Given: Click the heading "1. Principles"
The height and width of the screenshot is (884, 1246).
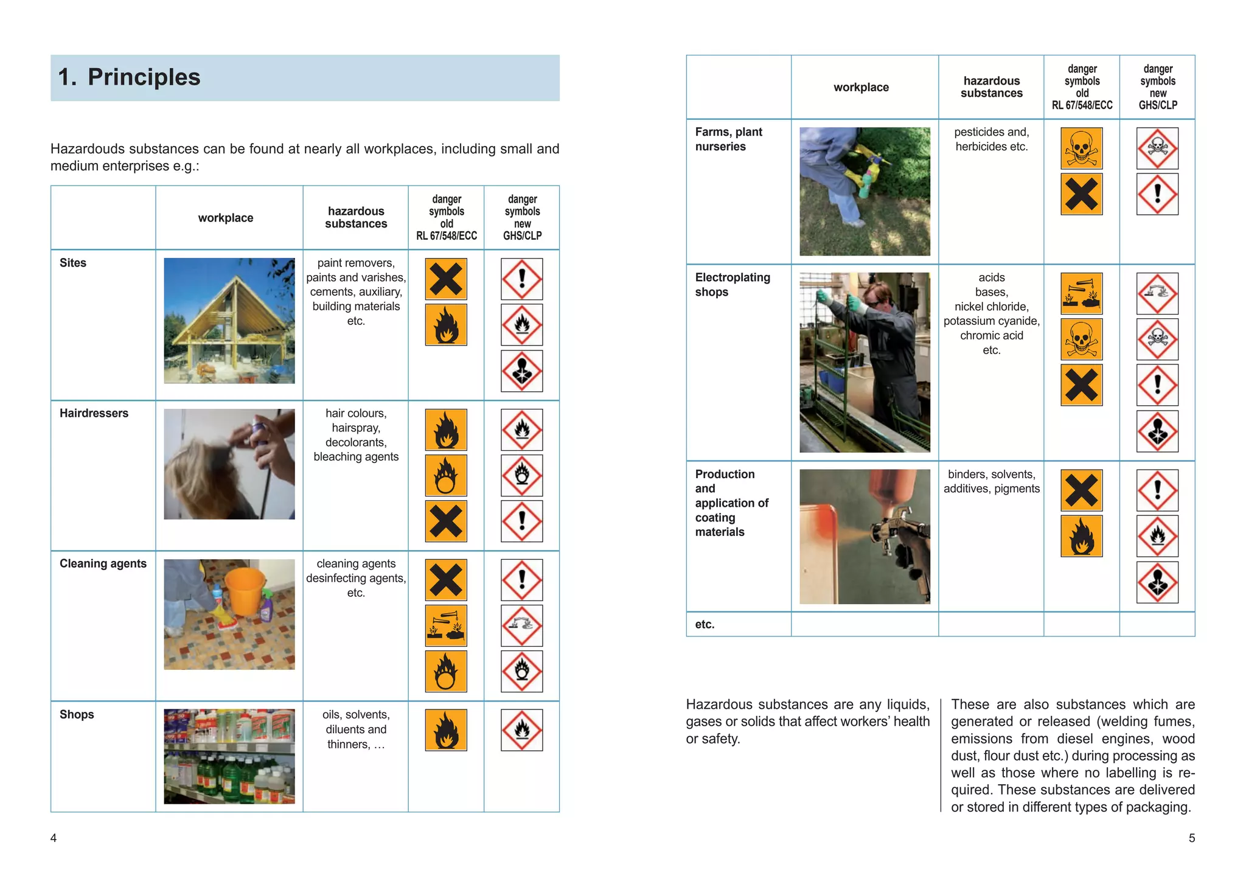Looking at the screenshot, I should click(129, 78).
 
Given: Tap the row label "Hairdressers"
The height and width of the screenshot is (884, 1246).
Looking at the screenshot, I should click(94, 414).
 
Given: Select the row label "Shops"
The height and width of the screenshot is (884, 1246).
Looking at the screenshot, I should click(77, 714).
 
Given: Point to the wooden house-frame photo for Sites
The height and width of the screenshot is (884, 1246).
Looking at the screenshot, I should click(229, 321).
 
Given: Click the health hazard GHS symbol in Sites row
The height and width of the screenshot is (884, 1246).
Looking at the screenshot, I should click(521, 371).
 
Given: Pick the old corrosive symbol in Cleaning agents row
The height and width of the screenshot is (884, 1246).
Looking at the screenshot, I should click(446, 625).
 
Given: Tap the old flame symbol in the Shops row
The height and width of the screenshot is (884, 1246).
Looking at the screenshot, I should click(446, 730).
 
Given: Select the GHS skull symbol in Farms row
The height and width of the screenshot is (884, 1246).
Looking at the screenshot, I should click(1157, 148).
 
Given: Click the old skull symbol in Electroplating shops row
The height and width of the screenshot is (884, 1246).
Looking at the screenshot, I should click(1081, 339).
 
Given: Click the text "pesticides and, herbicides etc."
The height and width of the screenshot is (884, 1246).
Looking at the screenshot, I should click(991, 139).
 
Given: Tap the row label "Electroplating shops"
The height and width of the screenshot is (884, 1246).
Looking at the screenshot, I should click(732, 285).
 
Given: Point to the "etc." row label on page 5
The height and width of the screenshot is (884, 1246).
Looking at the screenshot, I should click(705, 624).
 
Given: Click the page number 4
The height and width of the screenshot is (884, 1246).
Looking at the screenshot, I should click(54, 838).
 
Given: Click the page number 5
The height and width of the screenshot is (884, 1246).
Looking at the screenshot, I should click(1191, 838).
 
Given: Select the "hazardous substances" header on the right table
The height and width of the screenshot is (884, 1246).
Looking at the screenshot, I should click(991, 87).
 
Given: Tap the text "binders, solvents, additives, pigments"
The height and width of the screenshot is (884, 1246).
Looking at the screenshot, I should click(991, 481).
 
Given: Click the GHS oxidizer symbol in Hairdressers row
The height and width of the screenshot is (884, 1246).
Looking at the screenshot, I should click(521, 475).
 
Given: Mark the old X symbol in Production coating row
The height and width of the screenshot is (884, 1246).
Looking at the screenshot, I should click(1081, 490).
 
